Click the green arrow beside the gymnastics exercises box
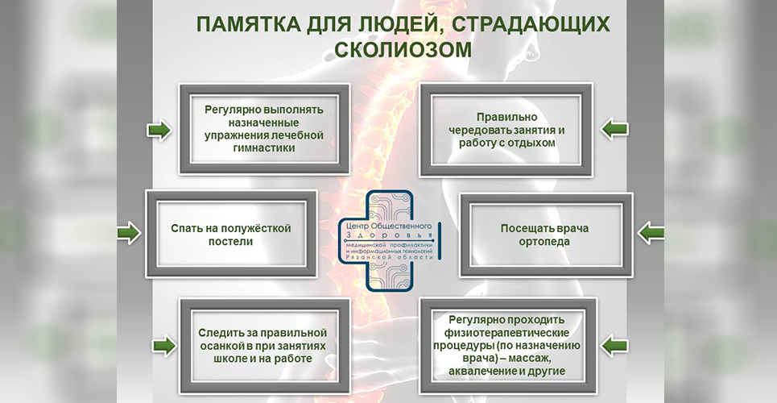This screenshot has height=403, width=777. [x=159, y=130]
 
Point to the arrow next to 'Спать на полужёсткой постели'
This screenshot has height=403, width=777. [x=129, y=234]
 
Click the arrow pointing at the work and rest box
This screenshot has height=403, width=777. [x=614, y=128]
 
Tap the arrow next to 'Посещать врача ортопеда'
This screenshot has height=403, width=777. [x=651, y=234]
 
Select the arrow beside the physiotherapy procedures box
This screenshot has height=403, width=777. [x=615, y=347]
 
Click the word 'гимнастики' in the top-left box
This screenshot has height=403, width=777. [x=263, y=148]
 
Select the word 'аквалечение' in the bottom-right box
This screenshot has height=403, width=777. [x=483, y=371]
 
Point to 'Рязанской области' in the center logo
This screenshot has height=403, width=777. [x=389, y=256]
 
